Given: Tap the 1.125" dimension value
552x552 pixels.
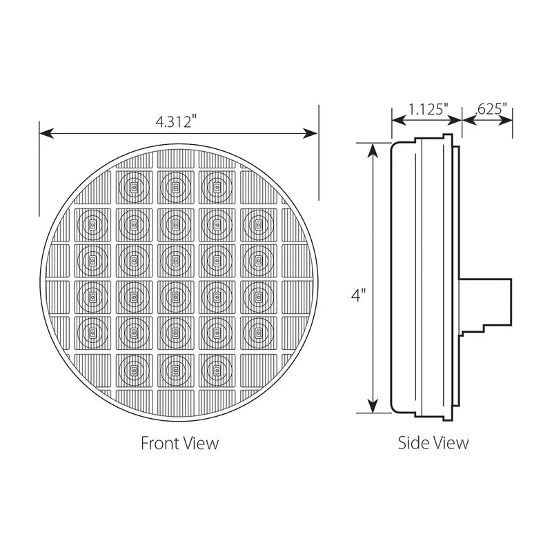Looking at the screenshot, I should click(428, 109).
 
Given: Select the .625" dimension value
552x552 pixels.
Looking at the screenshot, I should click(491, 109).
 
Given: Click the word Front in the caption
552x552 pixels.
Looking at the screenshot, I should click(157, 442).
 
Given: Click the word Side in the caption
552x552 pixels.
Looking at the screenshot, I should click(411, 442).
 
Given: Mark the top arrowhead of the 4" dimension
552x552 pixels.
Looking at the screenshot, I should click(373, 147).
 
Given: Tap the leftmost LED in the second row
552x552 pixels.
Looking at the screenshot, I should click(91, 223).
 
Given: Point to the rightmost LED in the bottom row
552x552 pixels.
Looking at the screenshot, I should click(215, 371).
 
